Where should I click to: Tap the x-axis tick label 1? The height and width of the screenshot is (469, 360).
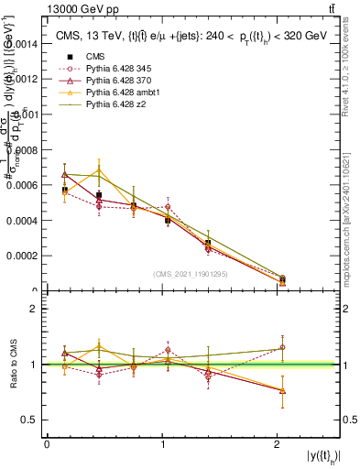tap(162, 444)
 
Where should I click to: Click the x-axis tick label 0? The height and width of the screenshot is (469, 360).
tap(47, 444)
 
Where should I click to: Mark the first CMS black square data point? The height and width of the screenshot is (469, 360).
tap(64, 190)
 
